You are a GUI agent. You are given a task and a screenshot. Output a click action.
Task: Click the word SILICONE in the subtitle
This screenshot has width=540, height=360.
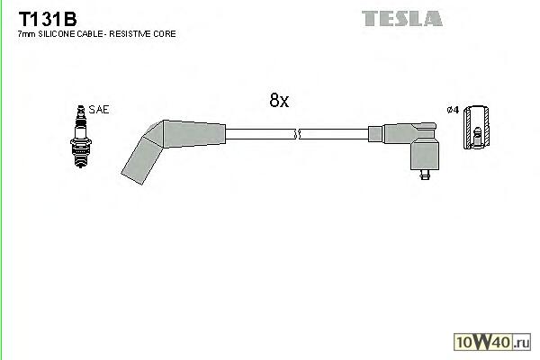point(57,33)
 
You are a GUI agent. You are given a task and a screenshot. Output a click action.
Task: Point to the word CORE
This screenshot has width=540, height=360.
point(163,33)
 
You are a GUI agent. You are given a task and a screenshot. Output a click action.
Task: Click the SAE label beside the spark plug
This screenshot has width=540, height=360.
point(100,109)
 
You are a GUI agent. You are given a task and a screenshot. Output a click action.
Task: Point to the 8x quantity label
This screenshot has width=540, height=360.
point(279,101)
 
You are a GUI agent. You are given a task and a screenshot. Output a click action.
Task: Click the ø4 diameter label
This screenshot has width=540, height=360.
point(453,110)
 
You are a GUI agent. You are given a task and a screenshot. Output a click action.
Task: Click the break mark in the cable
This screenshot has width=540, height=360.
point(297,135)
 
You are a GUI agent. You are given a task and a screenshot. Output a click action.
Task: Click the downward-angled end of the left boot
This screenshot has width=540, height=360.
point(139,162)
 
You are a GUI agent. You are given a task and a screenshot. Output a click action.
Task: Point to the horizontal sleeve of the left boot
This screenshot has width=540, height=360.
point(189,132)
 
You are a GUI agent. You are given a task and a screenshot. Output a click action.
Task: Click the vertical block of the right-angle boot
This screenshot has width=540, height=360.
point(424,152)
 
